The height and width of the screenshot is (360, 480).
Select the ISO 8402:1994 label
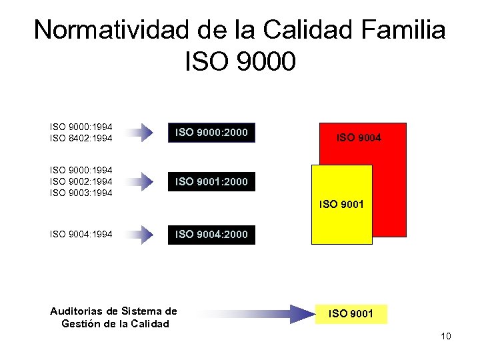[x=81, y=138]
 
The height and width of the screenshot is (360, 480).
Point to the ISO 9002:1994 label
[x=81, y=181]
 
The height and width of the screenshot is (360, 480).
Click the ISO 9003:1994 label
[x=81, y=193]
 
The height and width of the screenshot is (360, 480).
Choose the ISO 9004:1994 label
[x=81, y=234]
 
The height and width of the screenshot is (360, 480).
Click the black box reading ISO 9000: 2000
[x=211, y=133]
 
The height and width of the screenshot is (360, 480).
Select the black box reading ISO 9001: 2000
[x=211, y=181]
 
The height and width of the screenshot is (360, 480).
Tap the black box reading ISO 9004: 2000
[x=211, y=234]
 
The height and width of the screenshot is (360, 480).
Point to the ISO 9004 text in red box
[x=359, y=138]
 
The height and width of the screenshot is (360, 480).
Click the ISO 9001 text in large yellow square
[x=341, y=204]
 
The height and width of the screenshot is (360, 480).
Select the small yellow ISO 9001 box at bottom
[x=351, y=313]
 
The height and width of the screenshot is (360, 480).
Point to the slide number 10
[x=445, y=336]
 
